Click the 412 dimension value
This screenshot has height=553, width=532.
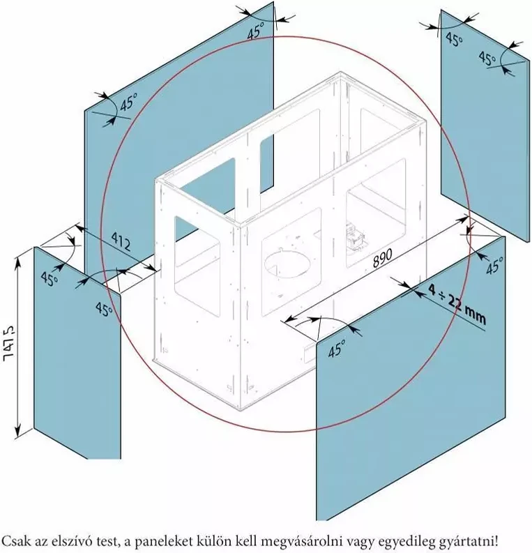[121, 241]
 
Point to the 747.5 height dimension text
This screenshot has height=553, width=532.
[8, 343]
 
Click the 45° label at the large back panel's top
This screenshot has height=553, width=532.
[255, 32]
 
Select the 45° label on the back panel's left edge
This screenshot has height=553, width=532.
[128, 103]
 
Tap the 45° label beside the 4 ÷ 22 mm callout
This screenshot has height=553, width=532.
[494, 265]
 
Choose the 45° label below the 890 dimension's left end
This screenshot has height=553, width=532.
[336, 349]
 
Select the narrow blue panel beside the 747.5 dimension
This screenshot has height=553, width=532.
[77, 353]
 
